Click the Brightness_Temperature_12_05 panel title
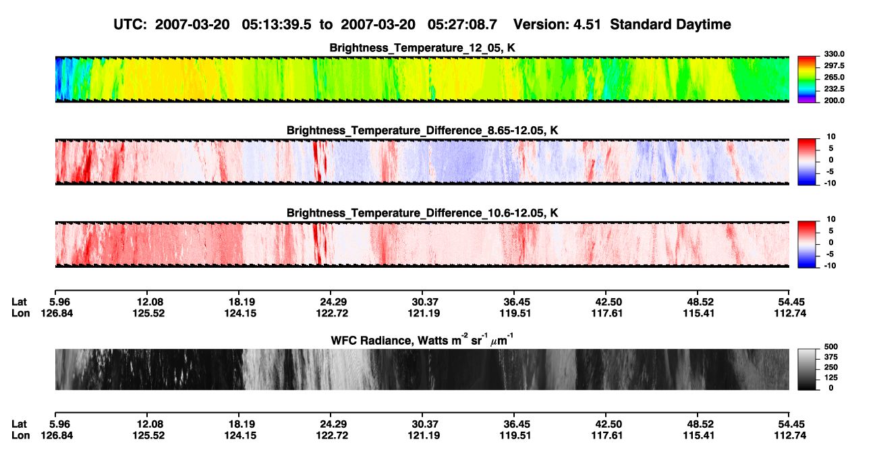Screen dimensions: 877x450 [x=422, y=48]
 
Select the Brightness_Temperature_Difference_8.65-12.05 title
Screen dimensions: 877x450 [x=422, y=130]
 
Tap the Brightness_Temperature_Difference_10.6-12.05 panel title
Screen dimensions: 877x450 [x=422, y=213]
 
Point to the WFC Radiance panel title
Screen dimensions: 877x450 [x=422, y=340]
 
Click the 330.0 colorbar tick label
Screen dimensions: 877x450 [x=834, y=54]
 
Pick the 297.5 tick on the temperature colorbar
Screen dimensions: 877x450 [x=834, y=66]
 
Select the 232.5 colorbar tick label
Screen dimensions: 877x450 [x=834, y=89]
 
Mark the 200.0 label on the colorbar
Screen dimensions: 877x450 [x=834, y=101]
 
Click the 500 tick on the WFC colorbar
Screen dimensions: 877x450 [x=831, y=347]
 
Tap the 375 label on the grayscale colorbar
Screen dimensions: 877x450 [x=831, y=357]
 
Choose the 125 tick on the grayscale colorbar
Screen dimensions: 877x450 [x=831, y=378]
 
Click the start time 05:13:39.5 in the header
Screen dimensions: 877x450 [x=277, y=25]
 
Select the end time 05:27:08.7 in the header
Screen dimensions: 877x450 [x=462, y=25]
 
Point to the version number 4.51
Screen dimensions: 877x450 [x=587, y=25]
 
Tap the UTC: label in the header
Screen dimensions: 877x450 [x=130, y=25]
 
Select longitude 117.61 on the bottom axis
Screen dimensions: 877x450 [x=607, y=436]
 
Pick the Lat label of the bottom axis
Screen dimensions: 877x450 [x=19, y=424]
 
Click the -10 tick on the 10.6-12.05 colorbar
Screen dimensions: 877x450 [x=830, y=266]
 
